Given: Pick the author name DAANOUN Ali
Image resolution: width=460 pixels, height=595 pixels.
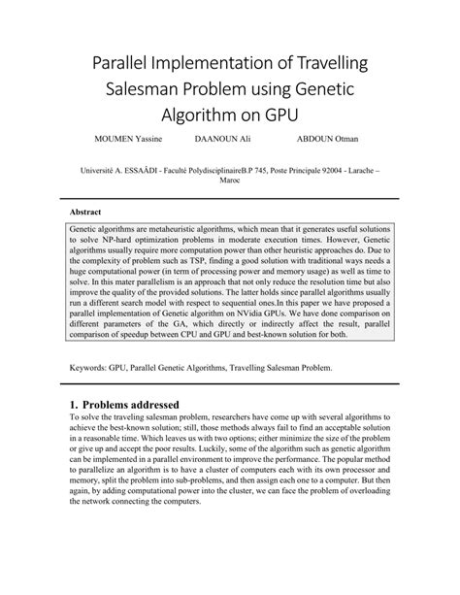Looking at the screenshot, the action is click(222, 152).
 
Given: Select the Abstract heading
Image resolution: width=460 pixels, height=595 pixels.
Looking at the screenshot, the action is click(86, 211).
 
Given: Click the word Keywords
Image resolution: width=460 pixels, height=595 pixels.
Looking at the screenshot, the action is click(87, 368).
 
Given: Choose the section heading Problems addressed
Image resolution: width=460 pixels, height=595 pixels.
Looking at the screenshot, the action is click(143, 403).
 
